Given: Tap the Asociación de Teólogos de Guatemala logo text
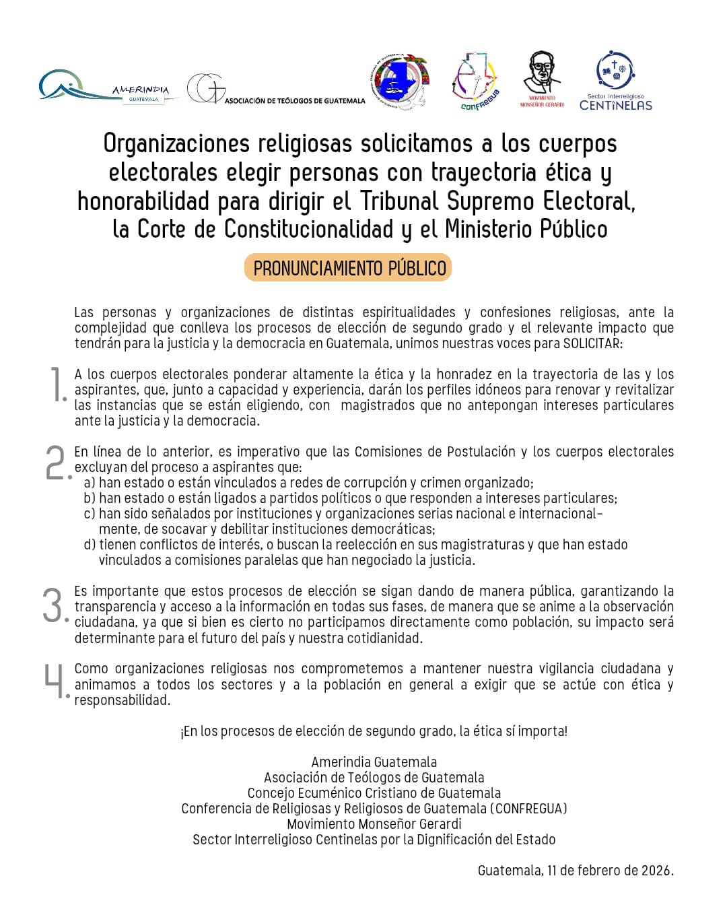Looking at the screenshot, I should click(x=294, y=101).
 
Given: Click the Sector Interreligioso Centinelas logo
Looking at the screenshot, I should click(x=615, y=81).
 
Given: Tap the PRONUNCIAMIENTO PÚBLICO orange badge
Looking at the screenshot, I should click(x=349, y=268).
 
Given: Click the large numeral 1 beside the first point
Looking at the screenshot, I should click(x=58, y=385).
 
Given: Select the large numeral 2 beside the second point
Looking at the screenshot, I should click(x=57, y=463).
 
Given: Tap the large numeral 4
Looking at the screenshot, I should click(x=56, y=681).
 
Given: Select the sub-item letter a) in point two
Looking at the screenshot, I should click(x=90, y=483).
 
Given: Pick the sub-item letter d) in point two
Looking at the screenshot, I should click(x=90, y=545).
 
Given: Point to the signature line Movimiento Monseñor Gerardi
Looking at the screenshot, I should click(x=374, y=824).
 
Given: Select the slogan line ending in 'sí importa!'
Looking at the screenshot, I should click(x=374, y=731).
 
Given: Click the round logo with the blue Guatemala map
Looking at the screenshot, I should click(x=399, y=81).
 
